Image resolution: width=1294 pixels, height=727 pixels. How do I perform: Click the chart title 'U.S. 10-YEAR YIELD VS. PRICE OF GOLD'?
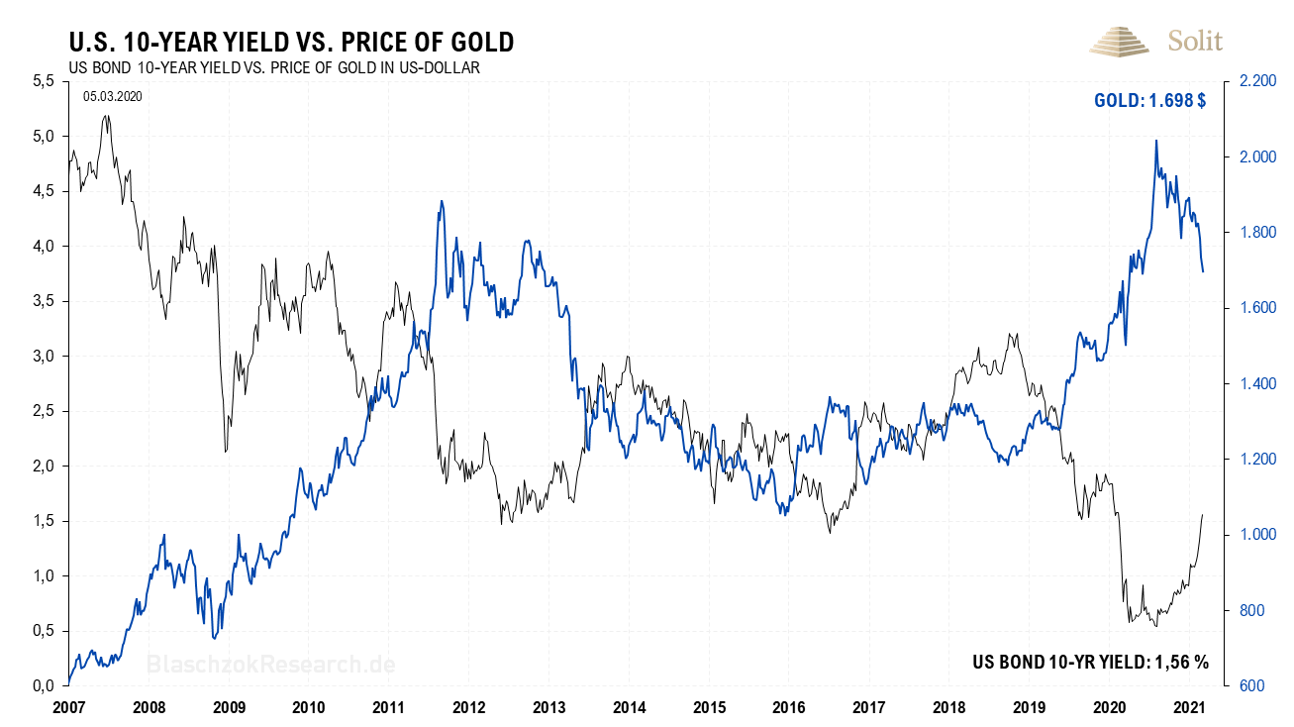point(290,42)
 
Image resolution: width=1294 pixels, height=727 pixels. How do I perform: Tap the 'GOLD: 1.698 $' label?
point(1149,101)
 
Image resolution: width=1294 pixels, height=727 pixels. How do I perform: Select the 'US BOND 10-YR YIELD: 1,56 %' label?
point(1090,663)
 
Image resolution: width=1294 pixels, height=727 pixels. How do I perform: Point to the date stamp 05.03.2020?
point(114,96)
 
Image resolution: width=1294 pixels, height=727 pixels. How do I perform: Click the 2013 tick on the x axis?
point(548,707)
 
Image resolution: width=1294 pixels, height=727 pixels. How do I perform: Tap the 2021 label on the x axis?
point(1189,707)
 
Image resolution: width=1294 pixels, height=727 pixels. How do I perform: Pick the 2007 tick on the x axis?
point(68,707)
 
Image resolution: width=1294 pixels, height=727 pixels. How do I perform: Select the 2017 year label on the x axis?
point(868,707)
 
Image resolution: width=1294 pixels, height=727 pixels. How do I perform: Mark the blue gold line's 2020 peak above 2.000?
point(1156,141)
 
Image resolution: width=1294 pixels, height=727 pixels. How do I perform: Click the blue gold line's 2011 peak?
point(441,201)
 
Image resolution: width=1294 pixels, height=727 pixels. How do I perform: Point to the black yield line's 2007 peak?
point(106,116)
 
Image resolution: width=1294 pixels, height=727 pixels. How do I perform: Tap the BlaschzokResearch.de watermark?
point(270,664)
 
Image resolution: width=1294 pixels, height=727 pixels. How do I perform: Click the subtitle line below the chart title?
point(273,67)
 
